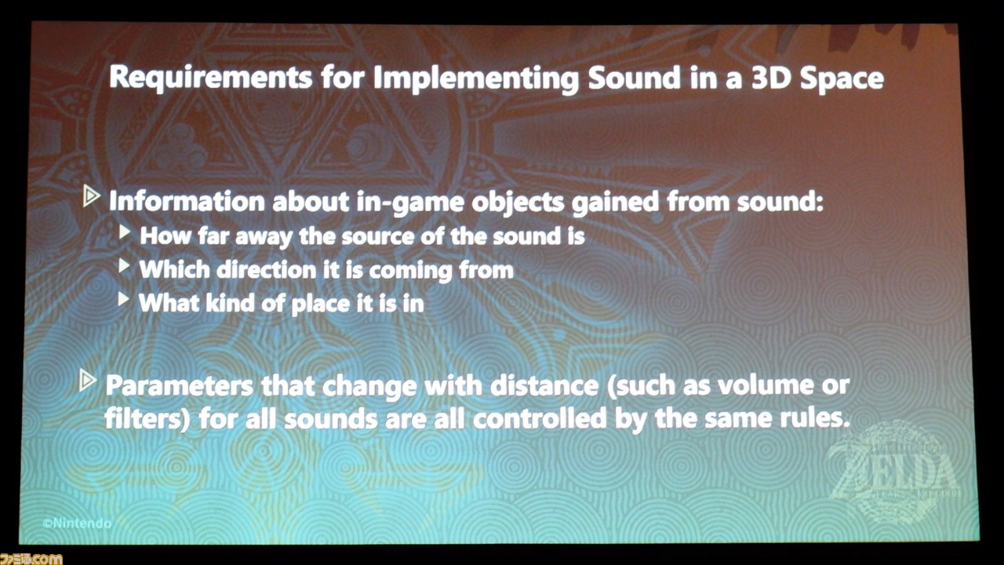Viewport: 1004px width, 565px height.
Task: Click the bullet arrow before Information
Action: (92, 197)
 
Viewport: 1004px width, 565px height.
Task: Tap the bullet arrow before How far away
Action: (125, 232)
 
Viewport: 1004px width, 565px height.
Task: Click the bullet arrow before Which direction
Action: (124, 266)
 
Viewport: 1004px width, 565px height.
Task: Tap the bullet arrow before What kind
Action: (124, 299)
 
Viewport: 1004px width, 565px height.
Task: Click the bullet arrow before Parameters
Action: (88, 381)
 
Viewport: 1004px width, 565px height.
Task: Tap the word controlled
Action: (540, 419)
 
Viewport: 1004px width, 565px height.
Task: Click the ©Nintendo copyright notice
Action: (77, 523)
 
